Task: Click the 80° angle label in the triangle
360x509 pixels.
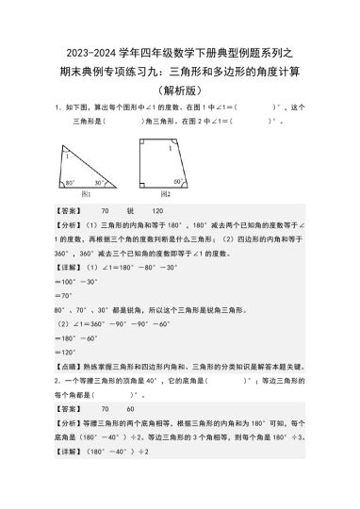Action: click(x=70, y=182)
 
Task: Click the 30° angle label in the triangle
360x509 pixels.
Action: click(x=124, y=182)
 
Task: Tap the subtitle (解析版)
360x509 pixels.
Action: click(x=179, y=90)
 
